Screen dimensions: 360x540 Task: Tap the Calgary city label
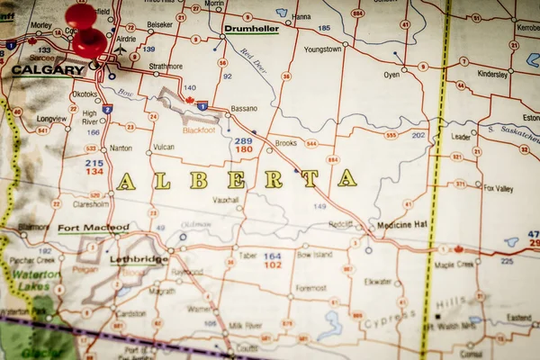point(48,69)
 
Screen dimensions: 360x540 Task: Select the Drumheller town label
point(251,29)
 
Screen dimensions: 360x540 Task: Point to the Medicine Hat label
point(402,224)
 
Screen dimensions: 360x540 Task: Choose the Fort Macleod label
point(93,228)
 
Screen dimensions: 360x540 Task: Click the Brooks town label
point(285,143)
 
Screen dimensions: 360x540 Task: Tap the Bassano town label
point(243,108)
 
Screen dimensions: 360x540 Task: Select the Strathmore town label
point(165,67)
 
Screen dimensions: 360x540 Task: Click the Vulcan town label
point(164,147)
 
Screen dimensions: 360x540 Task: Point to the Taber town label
point(247,256)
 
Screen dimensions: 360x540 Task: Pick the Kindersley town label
point(492,74)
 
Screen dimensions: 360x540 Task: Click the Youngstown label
point(323,49)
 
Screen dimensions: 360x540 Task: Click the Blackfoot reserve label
point(198,130)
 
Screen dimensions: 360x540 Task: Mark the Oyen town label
point(391,75)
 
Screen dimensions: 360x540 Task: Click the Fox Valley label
point(498,188)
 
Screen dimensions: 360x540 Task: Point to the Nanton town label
point(120,148)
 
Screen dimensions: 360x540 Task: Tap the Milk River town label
point(245,324)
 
